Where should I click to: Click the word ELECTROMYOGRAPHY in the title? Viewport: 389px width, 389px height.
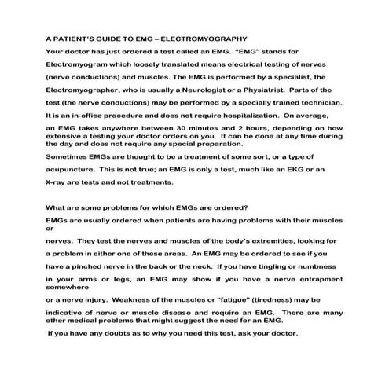point(205,38)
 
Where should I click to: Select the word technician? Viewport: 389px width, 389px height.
point(314,102)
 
